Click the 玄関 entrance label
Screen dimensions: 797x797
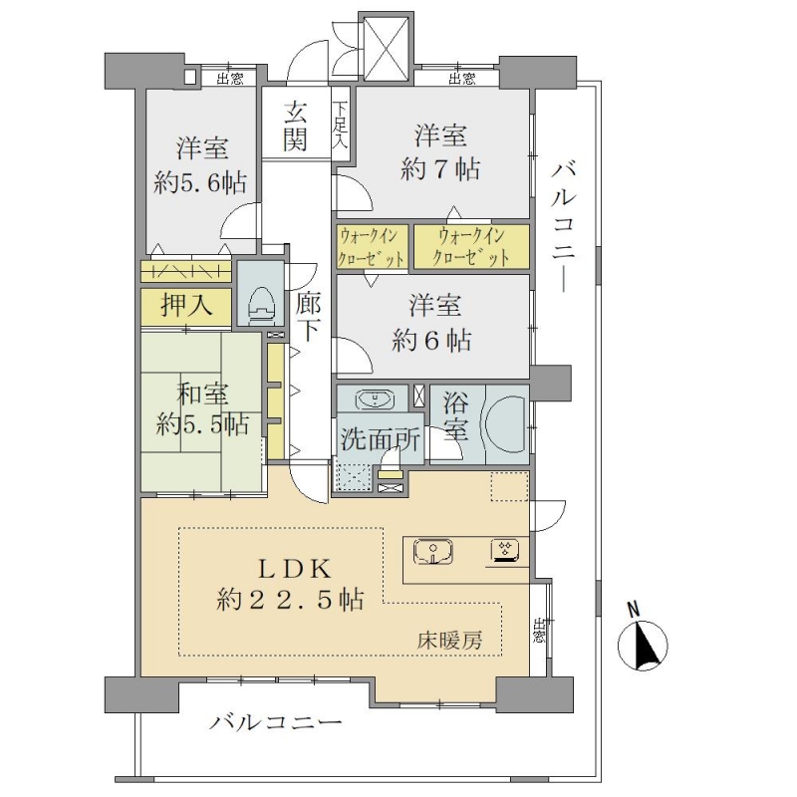point(295,127)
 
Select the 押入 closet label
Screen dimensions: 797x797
point(186,306)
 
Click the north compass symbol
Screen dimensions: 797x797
point(643,641)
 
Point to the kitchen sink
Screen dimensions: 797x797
point(433,553)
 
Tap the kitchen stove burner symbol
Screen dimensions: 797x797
point(505,550)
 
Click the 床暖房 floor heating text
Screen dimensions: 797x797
point(450,641)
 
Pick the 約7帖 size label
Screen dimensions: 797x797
point(440,168)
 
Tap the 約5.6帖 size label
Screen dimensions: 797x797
point(200,182)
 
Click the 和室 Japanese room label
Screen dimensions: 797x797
point(202,394)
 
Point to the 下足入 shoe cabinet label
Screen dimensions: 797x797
point(340,125)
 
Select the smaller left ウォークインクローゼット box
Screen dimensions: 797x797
point(373,247)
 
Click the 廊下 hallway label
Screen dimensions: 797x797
point(308,317)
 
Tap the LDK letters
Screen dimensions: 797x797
point(295,569)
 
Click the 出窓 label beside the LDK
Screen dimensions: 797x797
point(539,631)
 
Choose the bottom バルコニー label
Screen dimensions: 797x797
point(276,722)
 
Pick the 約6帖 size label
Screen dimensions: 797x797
point(431,341)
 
